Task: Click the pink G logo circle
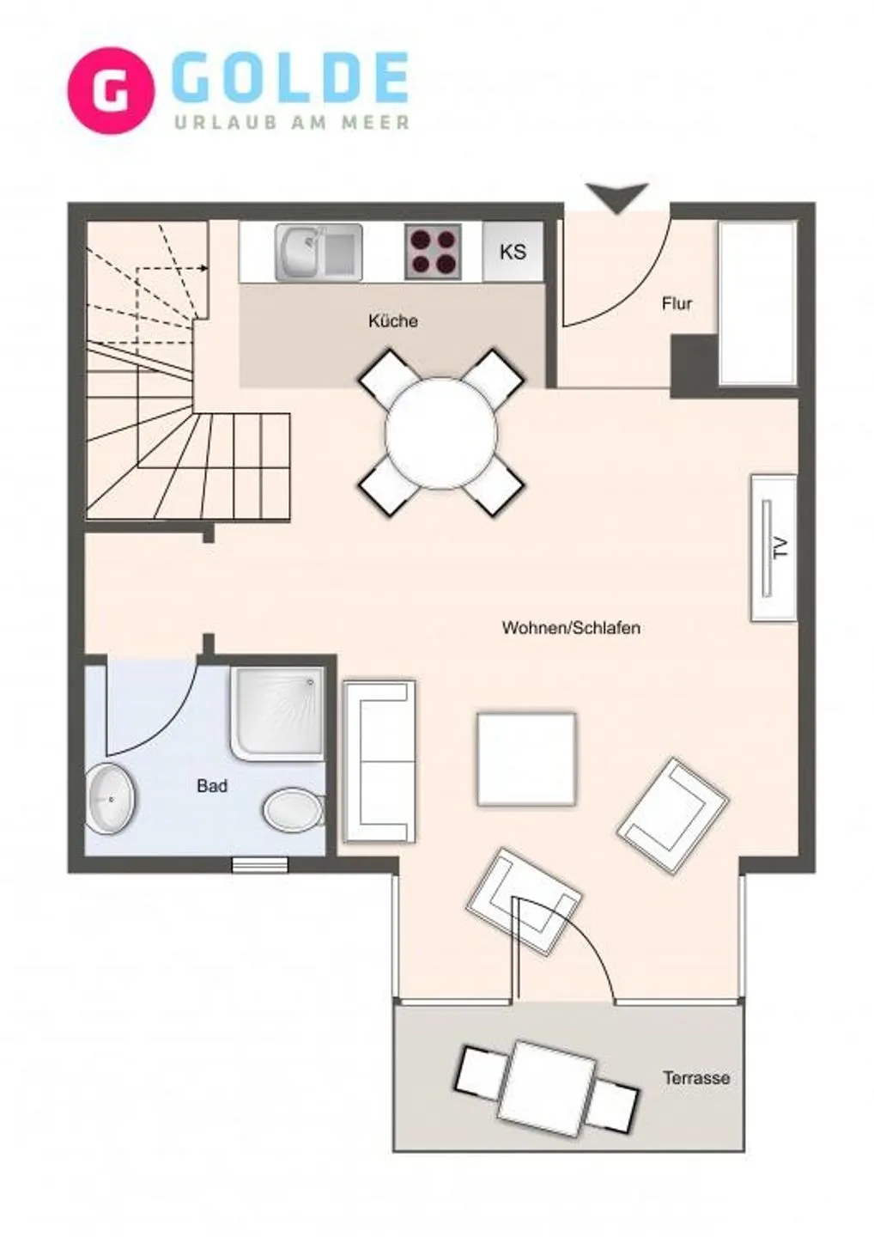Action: pyautogui.click(x=111, y=90)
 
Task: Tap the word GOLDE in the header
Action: pyautogui.click(x=293, y=78)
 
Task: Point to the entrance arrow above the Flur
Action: pyautogui.click(x=617, y=198)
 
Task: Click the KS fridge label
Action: pyautogui.click(x=513, y=252)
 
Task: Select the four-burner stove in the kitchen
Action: pyautogui.click(x=434, y=251)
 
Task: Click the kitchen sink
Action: pyautogui.click(x=319, y=252)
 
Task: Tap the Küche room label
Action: pyautogui.click(x=393, y=321)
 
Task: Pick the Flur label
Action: pyautogui.click(x=677, y=304)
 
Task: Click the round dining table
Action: pyautogui.click(x=440, y=433)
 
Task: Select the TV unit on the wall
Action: pyautogui.click(x=774, y=548)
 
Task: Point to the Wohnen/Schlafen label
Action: pyautogui.click(x=571, y=628)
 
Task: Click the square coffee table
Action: pyautogui.click(x=527, y=759)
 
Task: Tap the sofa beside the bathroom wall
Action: pyautogui.click(x=379, y=761)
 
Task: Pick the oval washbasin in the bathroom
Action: pyautogui.click(x=112, y=799)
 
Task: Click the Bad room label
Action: pyautogui.click(x=212, y=786)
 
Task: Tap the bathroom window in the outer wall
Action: pyautogui.click(x=260, y=865)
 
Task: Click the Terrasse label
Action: pyautogui.click(x=696, y=1077)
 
